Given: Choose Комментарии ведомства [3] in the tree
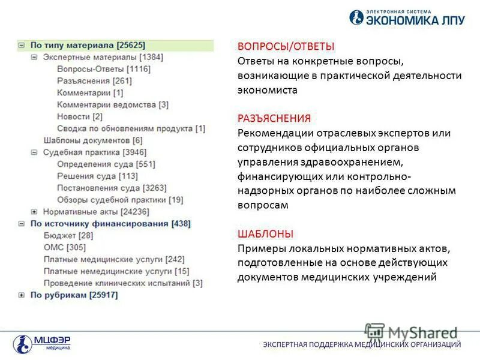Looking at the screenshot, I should [113, 104].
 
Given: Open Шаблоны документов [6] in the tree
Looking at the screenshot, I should [93, 140].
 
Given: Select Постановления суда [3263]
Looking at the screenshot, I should [112, 188].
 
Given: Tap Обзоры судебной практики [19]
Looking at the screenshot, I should [120, 200].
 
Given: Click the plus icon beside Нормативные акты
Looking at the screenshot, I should [34, 212].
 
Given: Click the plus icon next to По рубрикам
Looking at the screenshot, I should [21, 295].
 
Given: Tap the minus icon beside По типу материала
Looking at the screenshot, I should [21, 45].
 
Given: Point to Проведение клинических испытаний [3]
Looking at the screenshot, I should [123, 283].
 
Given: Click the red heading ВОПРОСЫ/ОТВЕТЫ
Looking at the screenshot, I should [286, 47].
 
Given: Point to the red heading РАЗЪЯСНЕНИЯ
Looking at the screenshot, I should [274, 119].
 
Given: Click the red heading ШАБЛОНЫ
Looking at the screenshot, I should [265, 234].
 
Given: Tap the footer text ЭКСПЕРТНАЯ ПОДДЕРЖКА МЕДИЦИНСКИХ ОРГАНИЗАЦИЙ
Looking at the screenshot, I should [362, 344].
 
